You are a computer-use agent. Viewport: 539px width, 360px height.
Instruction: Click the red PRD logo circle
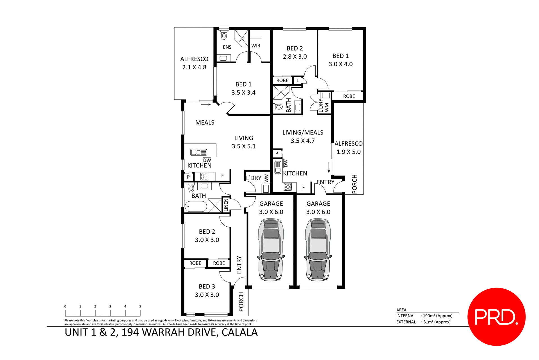496,316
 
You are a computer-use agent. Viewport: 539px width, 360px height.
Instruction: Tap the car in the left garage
271,250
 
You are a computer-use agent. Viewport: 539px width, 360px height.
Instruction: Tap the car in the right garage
318,250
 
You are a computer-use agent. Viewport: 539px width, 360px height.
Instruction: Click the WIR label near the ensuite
256,46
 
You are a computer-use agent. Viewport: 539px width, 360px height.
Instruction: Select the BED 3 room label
207,287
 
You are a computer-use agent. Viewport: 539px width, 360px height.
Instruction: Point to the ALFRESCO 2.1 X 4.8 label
194,63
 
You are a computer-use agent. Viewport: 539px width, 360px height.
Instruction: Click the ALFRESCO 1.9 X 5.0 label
348,148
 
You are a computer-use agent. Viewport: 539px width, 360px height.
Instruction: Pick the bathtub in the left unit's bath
196,207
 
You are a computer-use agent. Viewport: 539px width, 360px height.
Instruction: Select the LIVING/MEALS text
303,133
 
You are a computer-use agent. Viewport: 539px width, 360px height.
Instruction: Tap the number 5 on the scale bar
140,306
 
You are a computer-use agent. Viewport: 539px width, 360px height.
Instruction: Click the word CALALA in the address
239,332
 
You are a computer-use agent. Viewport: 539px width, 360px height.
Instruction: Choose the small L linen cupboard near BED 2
298,81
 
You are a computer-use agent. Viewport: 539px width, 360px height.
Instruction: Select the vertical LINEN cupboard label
226,205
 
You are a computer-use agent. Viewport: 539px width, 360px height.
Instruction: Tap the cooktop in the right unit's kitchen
288,187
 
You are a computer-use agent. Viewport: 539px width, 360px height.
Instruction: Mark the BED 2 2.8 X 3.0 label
295,53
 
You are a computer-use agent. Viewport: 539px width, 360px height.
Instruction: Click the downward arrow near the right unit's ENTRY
329,168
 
